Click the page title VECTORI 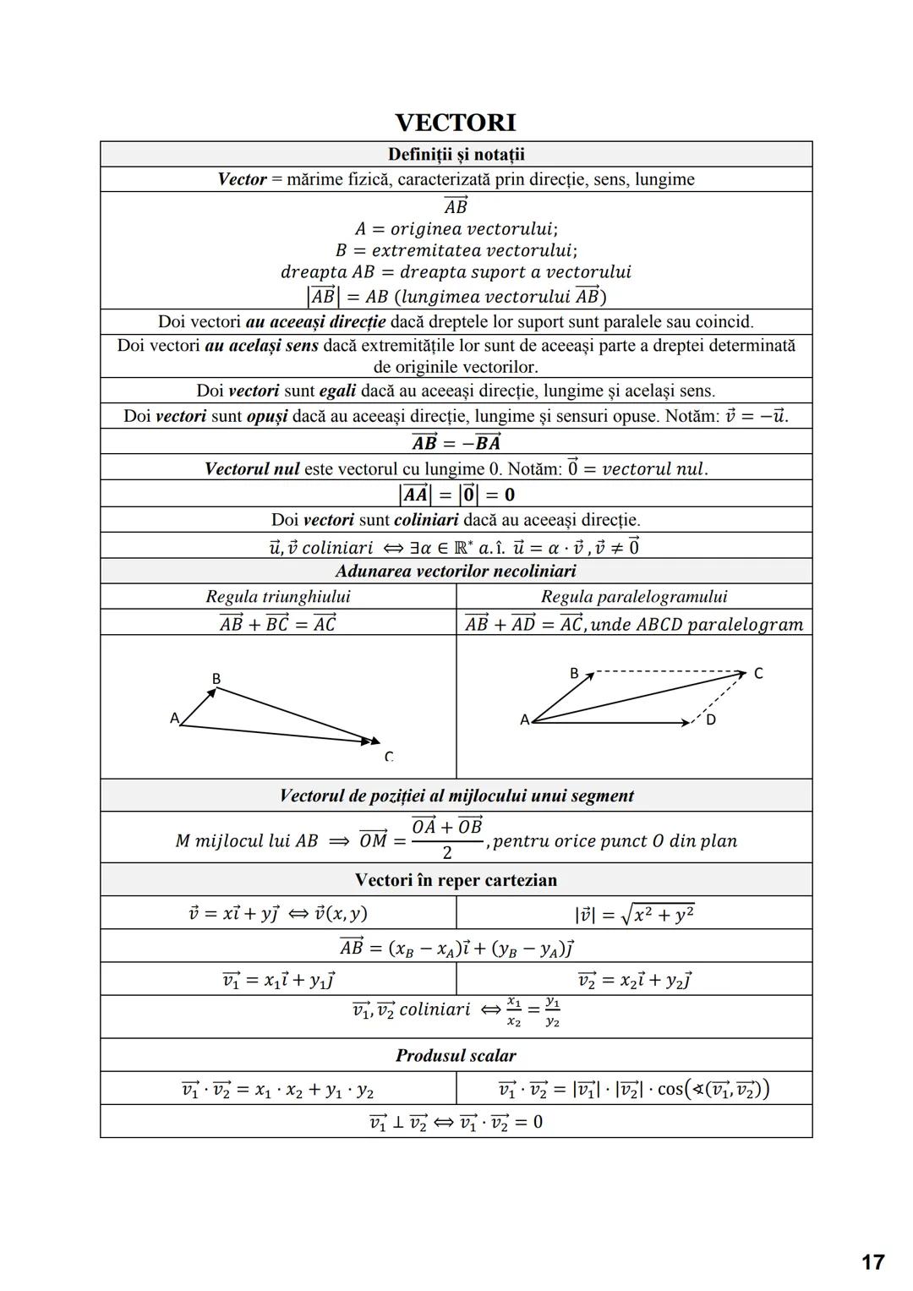pos(456,123)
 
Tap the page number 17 pos(872,1262)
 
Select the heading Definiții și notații pos(456,154)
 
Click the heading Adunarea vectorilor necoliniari pos(456,571)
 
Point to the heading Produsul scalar pos(456,1055)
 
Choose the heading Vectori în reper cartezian pos(456,879)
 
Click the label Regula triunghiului pos(278,596)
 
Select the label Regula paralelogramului pos(634,596)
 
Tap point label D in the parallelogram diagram pos(710,719)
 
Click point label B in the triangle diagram pos(216,678)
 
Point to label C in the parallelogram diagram pos(758,673)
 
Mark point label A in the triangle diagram pos(174,718)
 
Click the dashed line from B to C pos(668,673)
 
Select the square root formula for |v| pos(634,914)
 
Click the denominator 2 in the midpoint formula pos(447,852)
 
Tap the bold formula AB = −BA pos(456,442)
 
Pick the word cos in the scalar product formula pos(670,1089)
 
